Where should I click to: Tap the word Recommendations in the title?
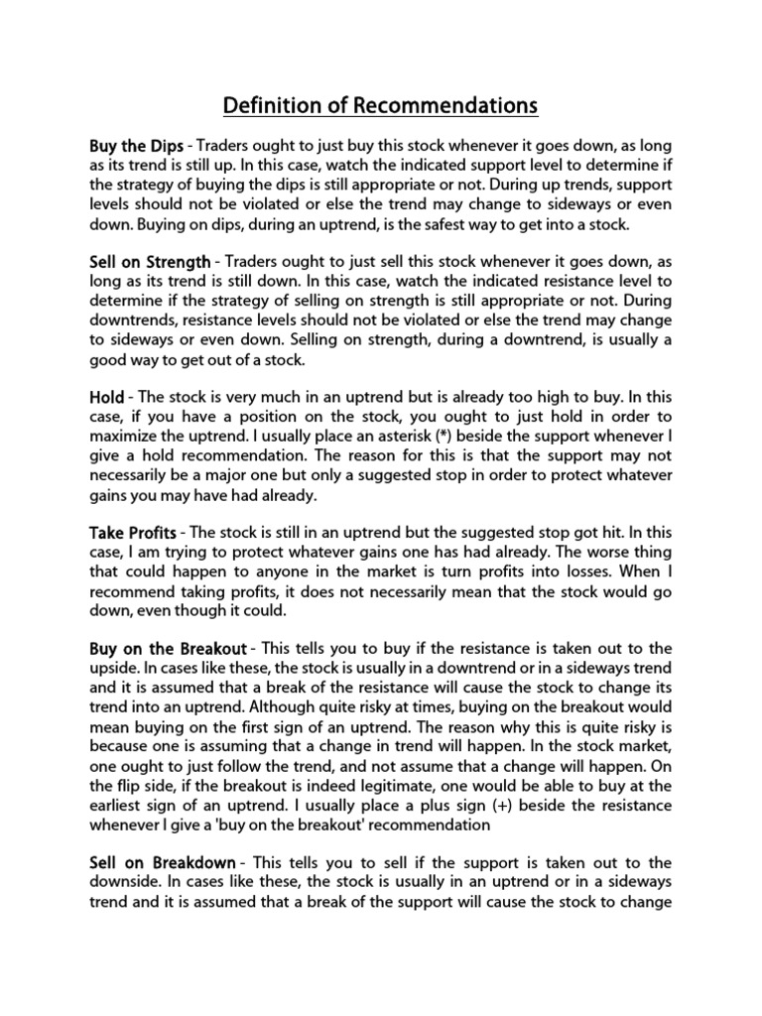click(452, 104)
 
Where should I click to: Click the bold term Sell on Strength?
click(149, 262)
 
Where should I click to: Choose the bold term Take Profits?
click(133, 534)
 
